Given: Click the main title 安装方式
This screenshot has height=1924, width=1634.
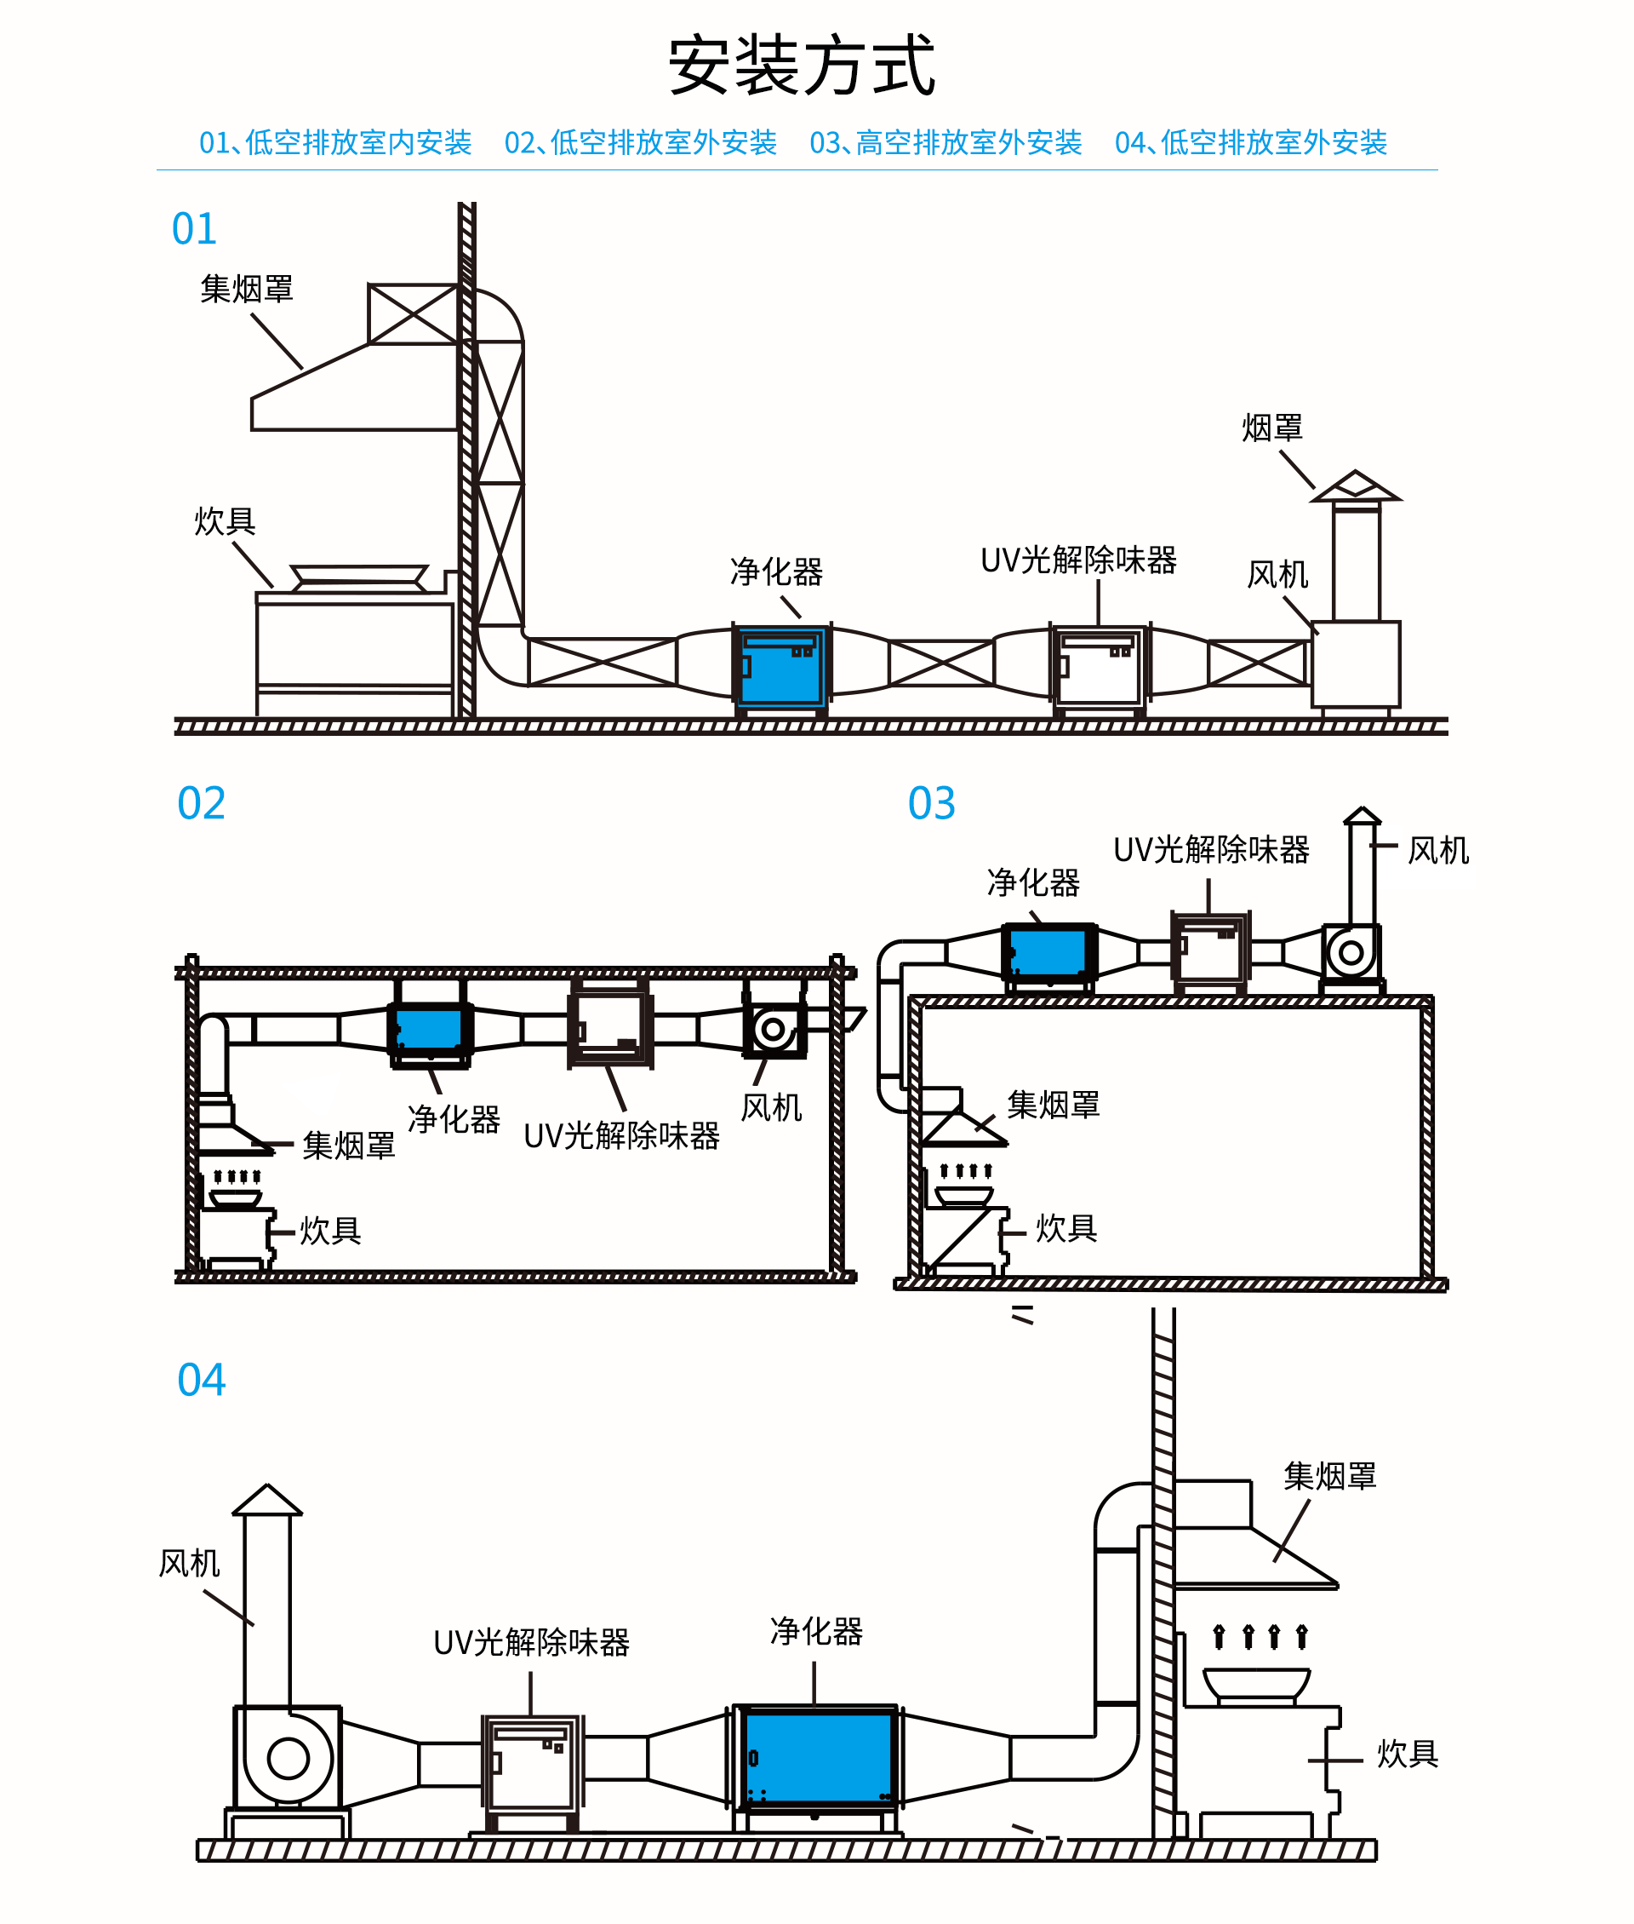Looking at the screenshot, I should pyautogui.click(x=803, y=66).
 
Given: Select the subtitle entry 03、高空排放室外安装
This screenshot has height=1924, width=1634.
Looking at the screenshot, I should pyautogui.click(x=946, y=143).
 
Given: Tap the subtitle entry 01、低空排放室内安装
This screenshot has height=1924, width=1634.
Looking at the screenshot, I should pyautogui.click(x=335, y=143).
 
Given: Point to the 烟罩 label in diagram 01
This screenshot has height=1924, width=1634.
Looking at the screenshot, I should pyautogui.click(x=1271, y=428).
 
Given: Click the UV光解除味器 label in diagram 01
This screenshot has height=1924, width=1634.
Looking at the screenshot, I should pyautogui.click(x=1078, y=560).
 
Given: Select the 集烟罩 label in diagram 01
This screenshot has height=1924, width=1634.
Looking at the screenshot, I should pyautogui.click(x=247, y=290).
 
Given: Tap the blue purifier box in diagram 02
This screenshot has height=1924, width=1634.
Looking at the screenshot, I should pyautogui.click(x=429, y=1029).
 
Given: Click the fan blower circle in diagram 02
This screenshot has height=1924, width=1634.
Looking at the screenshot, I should pyautogui.click(x=774, y=1030).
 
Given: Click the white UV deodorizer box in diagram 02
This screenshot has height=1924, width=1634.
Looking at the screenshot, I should pyautogui.click(x=609, y=1029).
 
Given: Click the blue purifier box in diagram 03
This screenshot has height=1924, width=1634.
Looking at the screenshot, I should pyautogui.click(x=1048, y=952).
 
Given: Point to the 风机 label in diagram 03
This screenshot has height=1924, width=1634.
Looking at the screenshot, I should pyautogui.click(x=1437, y=850).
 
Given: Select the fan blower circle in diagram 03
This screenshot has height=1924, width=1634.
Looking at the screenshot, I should pyautogui.click(x=1351, y=952).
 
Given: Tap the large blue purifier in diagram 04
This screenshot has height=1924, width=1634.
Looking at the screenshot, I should pyautogui.click(x=819, y=1758).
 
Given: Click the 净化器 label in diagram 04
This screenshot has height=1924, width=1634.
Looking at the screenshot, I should pyautogui.click(x=816, y=1631).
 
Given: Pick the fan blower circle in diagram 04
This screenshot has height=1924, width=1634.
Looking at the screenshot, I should pyautogui.click(x=289, y=1758).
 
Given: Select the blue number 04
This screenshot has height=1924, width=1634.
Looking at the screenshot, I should pyautogui.click(x=201, y=1380).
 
